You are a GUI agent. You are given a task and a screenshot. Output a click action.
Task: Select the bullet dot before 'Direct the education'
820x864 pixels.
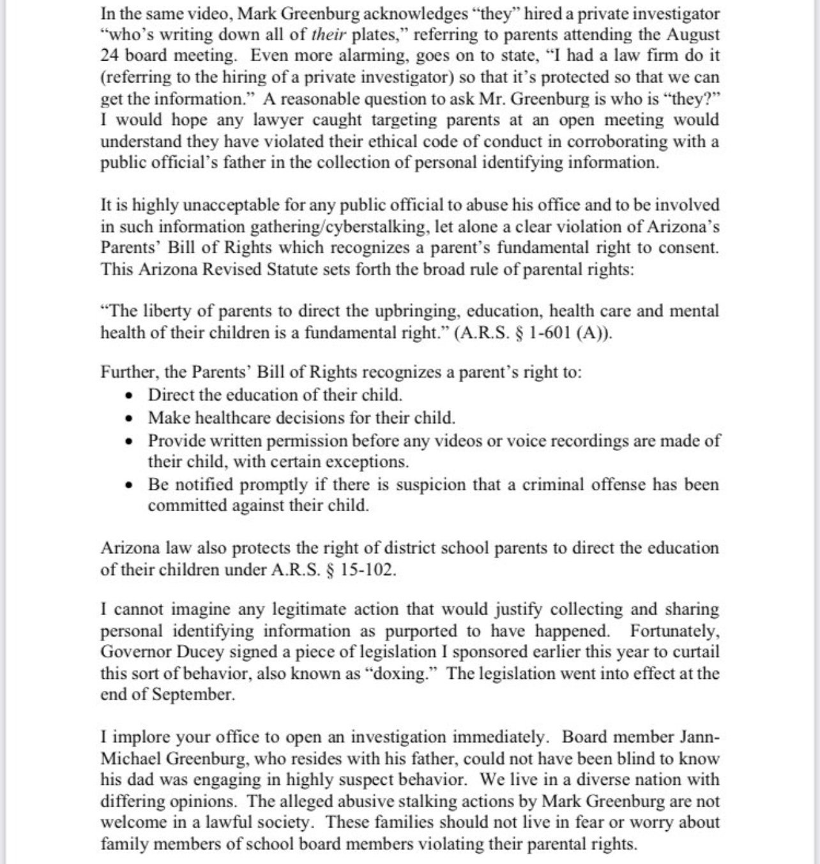(130, 396)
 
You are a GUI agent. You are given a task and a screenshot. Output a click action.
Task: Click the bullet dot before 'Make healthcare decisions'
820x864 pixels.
(130, 419)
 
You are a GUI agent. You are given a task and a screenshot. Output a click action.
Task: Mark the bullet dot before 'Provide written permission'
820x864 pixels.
(130, 441)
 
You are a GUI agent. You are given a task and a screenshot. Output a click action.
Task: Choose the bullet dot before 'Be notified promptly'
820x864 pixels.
(130, 485)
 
